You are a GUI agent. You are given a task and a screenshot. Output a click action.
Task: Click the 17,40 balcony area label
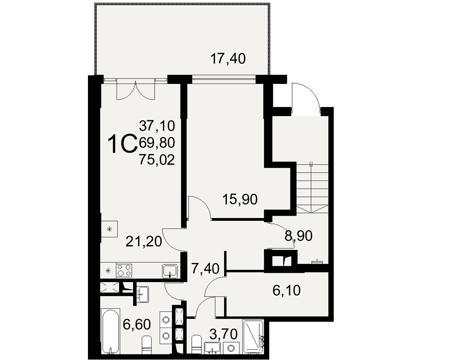(228, 59)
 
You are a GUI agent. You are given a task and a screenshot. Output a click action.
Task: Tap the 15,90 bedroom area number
(240, 199)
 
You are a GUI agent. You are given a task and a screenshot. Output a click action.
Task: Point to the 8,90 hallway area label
(298, 236)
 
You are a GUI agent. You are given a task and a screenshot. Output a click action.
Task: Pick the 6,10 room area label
(286, 291)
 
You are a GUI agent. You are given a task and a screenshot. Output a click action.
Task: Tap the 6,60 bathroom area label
(137, 325)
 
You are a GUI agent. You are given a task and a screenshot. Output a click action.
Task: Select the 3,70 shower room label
(224, 334)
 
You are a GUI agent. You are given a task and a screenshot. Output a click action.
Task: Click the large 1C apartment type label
(122, 145)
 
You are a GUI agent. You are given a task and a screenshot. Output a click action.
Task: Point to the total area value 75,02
(157, 160)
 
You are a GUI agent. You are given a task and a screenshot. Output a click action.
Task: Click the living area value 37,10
(157, 126)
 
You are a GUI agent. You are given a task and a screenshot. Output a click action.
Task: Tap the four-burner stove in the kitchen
(124, 270)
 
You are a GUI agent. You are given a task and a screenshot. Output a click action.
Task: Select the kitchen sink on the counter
(170, 271)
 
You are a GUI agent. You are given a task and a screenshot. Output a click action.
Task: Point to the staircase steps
(312, 187)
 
